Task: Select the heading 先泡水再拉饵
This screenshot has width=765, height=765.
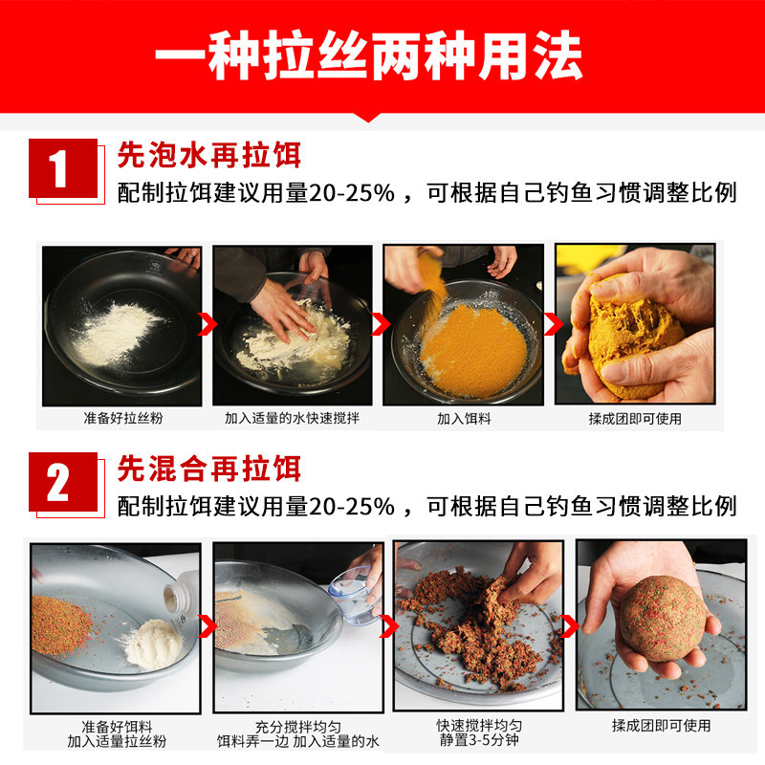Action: [x=208, y=154]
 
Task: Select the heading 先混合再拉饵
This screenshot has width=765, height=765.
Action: [x=208, y=469]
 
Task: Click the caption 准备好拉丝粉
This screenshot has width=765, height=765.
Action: [x=121, y=419]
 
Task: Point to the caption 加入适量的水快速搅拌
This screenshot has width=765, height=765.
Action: [x=292, y=419]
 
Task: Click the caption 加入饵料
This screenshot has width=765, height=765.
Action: [x=463, y=419]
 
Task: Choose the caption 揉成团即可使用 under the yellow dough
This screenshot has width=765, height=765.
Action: [x=635, y=419]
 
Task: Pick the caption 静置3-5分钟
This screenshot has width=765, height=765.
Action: [x=475, y=740]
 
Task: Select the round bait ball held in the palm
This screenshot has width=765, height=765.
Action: [x=661, y=618]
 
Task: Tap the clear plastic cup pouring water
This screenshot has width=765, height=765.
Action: [x=348, y=593]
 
